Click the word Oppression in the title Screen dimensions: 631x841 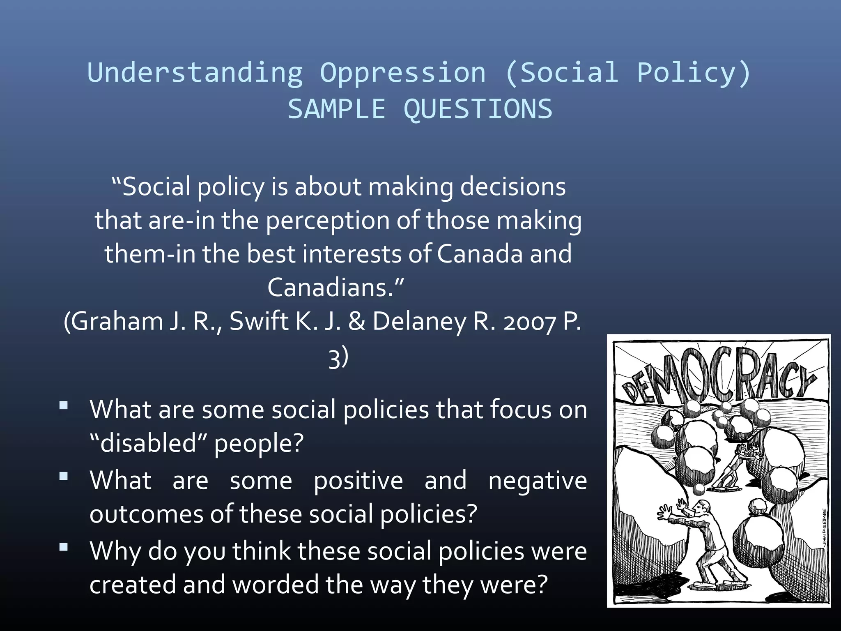pyautogui.click(x=402, y=73)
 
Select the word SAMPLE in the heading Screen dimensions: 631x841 pyautogui.click(x=336, y=109)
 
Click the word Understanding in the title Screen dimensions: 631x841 pyautogui.click(x=195, y=73)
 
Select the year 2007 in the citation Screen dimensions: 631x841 pyautogui.click(x=530, y=322)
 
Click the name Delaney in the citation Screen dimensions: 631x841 pyautogui.click(x=419, y=321)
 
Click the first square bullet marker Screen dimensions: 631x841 pyautogui.click(x=63, y=406)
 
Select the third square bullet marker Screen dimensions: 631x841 pyautogui.click(x=63, y=547)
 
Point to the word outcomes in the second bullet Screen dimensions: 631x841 pyautogui.click(x=146, y=514)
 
